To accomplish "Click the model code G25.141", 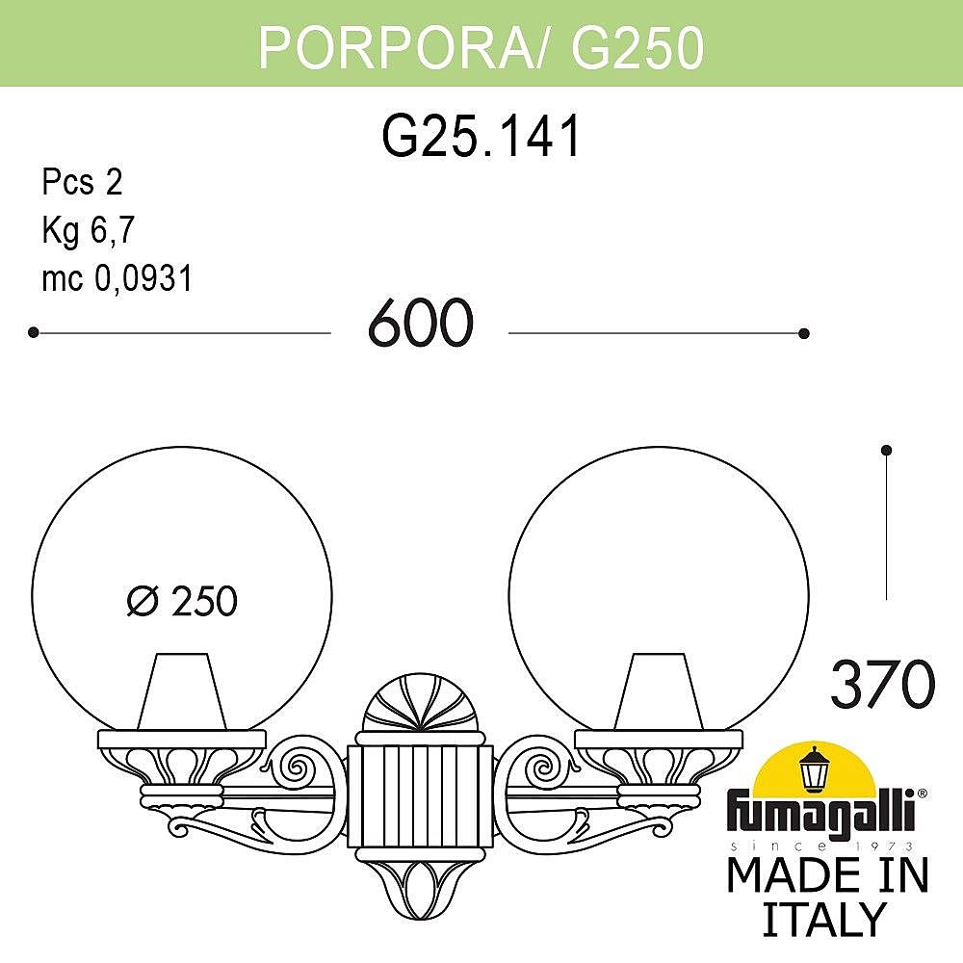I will [482, 137].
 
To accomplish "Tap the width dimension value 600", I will [420, 324].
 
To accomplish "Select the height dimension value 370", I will [882, 685].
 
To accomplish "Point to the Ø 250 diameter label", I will [182, 601].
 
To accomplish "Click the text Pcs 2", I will [82, 182].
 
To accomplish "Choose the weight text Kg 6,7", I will [88, 230].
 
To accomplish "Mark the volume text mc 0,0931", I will [117, 278].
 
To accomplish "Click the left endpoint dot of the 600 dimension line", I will [33, 332].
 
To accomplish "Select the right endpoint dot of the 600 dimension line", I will [804, 333].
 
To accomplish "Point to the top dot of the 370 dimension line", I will [887, 450].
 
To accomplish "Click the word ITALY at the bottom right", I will [823, 920].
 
